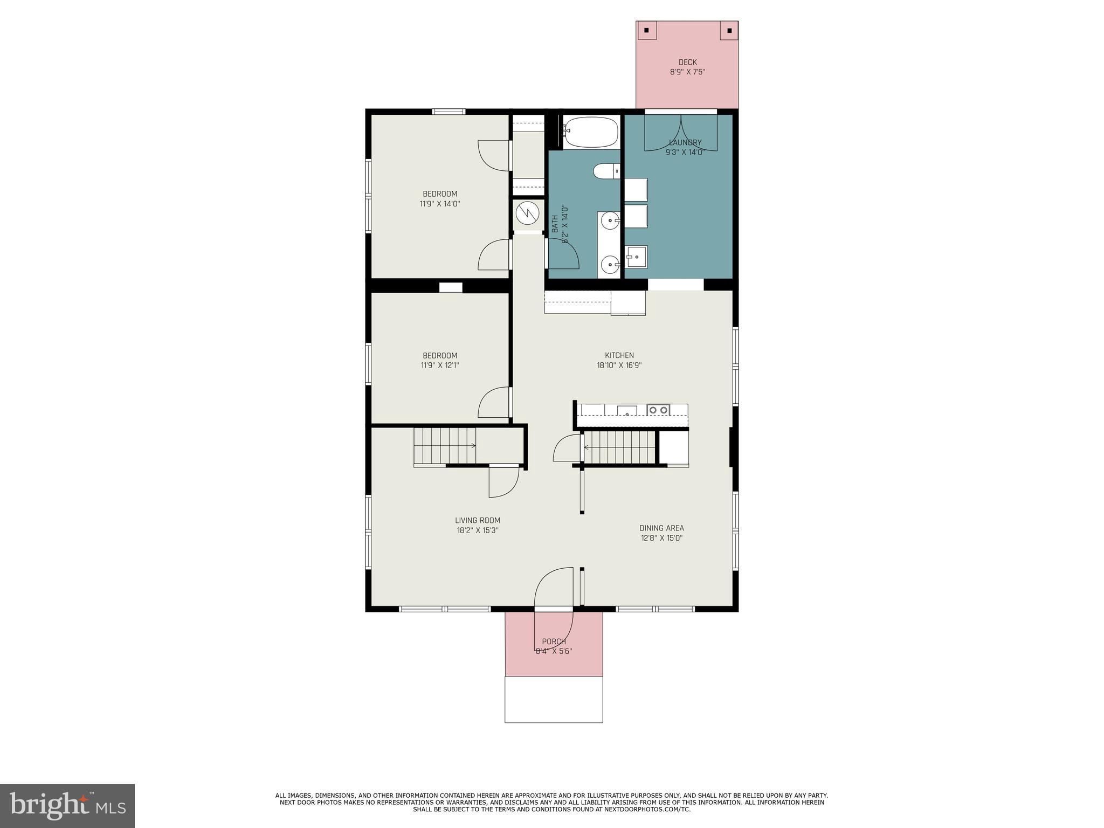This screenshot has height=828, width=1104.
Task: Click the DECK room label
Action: (687, 62)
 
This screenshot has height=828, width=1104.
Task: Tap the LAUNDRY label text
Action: (685, 142)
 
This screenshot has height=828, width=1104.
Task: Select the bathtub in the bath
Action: (590, 132)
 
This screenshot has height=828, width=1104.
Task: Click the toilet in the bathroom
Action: (606, 171)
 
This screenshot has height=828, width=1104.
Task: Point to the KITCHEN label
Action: (619, 355)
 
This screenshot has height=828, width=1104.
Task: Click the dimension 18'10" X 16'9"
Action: (619, 365)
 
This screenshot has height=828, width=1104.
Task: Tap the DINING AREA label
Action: (661, 528)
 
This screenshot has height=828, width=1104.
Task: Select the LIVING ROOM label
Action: (478, 520)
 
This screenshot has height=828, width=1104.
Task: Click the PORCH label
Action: (554, 641)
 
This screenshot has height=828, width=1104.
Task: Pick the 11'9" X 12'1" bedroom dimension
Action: (440, 365)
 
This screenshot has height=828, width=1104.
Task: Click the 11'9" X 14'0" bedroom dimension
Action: (440, 204)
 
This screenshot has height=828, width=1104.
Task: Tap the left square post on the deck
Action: (647, 30)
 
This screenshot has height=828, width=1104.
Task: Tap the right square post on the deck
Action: (729, 30)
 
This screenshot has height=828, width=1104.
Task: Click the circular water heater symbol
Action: (527, 214)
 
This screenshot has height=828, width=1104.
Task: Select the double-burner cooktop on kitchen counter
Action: (658, 410)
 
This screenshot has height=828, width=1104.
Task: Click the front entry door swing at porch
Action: (554, 588)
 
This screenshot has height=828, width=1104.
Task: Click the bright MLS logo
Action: (67, 805)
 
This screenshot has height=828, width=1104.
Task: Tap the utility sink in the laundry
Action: (636, 257)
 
